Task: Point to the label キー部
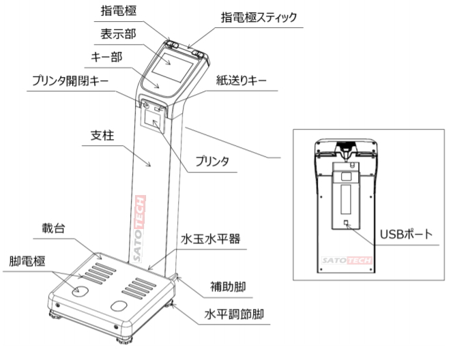[108, 57]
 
